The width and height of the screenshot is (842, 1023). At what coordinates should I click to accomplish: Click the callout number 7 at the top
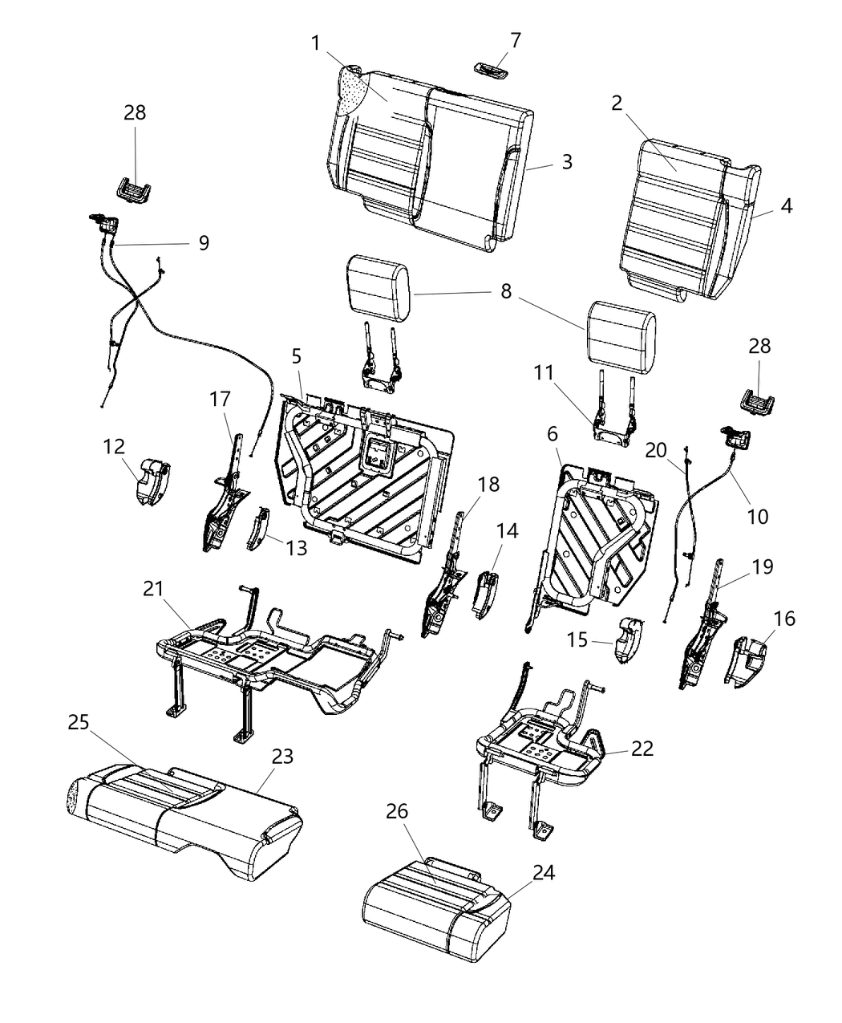(515, 39)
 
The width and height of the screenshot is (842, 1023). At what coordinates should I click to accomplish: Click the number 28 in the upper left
(135, 112)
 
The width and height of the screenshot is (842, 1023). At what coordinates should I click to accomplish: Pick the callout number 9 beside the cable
(204, 242)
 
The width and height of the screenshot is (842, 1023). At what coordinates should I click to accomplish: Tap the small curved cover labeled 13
(258, 530)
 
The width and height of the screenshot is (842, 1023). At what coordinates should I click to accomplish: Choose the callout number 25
(78, 721)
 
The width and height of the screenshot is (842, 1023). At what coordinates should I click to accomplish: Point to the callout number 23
(282, 756)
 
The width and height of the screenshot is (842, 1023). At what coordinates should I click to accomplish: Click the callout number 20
(657, 451)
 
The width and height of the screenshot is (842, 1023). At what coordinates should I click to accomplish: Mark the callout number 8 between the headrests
(506, 290)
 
